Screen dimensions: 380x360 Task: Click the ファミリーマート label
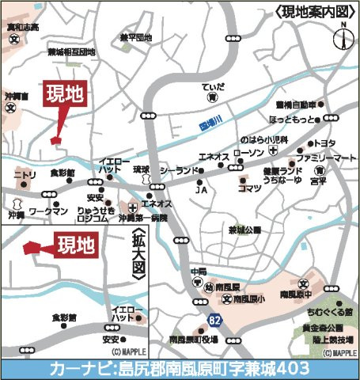click(332, 159)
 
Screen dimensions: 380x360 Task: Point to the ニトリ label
click(25, 175)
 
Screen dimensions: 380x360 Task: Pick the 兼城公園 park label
click(244, 230)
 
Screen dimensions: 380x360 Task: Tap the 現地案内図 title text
click(313, 11)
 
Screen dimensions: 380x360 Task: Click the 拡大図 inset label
click(138, 253)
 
